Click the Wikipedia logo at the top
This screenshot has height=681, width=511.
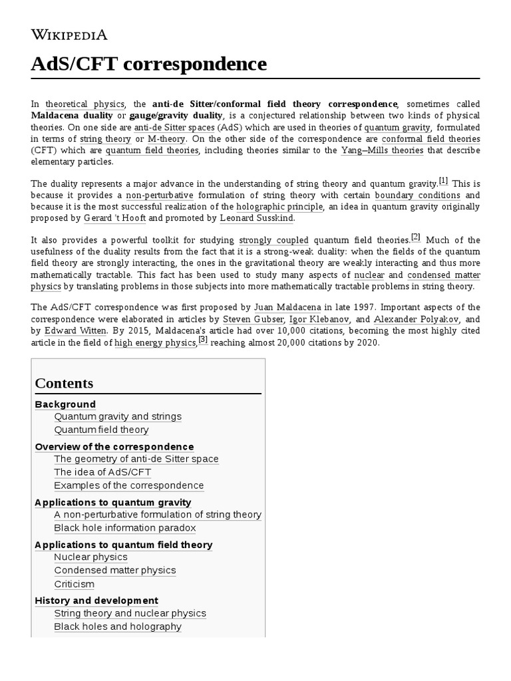(69, 35)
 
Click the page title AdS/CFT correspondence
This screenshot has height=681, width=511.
(149, 64)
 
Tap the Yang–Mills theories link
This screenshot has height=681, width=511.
(382, 150)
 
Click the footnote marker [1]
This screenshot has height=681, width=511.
(444, 180)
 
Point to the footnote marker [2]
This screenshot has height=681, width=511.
(416, 237)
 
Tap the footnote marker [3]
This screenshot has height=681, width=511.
(204, 340)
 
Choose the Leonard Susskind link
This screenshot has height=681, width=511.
(257, 218)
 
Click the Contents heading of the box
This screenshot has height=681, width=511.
(65, 383)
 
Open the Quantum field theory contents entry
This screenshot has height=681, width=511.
(101, 430)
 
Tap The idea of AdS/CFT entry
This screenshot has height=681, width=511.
(102, 472)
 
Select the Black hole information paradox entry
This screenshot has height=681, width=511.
(125, 528)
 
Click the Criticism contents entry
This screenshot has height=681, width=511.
(74, 584)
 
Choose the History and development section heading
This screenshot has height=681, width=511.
(96, 601)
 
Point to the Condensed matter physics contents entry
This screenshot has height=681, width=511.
(115, 571)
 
